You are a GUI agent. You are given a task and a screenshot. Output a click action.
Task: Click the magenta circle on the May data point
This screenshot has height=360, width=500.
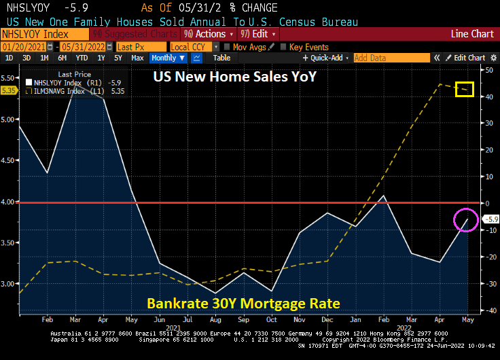coord(466,220)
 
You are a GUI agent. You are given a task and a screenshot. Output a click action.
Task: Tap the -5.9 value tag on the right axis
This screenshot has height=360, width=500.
coord(490,219)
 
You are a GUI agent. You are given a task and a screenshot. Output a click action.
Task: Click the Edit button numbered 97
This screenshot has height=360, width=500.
coord(258,34)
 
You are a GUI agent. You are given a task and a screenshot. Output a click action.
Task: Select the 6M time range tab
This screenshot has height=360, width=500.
coord(62,58)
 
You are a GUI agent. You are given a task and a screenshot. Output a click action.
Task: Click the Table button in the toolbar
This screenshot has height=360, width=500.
coord(221,58)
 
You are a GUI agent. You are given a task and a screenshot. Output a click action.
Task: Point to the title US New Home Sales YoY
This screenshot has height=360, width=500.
coord(234,77)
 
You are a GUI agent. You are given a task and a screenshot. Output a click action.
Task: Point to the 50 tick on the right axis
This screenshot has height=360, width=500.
coord(487,70)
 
